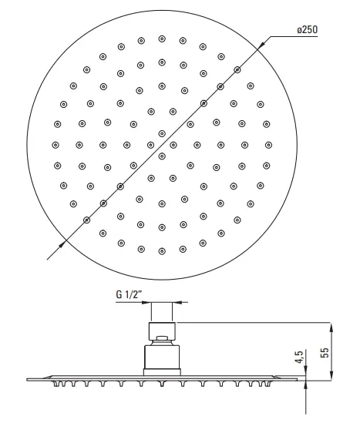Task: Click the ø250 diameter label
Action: (308, 30)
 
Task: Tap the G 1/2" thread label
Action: (129, 294)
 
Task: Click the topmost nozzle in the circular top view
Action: (162, 39)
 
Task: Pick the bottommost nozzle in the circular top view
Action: (162, 251)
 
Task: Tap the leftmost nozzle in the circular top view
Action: (56, 145)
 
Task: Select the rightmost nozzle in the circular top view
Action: (268, 145)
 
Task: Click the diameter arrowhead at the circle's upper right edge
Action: (261, 45)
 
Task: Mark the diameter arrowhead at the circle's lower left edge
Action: (62, 243)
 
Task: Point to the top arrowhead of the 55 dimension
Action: (331, 327)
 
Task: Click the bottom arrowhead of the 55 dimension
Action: (331, 375)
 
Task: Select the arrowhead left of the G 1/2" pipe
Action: (146, 302)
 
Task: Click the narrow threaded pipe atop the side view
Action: (162, 312)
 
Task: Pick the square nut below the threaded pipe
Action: (162, 331)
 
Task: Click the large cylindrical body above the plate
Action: (162, 357)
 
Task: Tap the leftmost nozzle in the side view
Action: (57, 384)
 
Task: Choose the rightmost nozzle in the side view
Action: (267, 384)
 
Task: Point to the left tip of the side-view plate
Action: (27, 380)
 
